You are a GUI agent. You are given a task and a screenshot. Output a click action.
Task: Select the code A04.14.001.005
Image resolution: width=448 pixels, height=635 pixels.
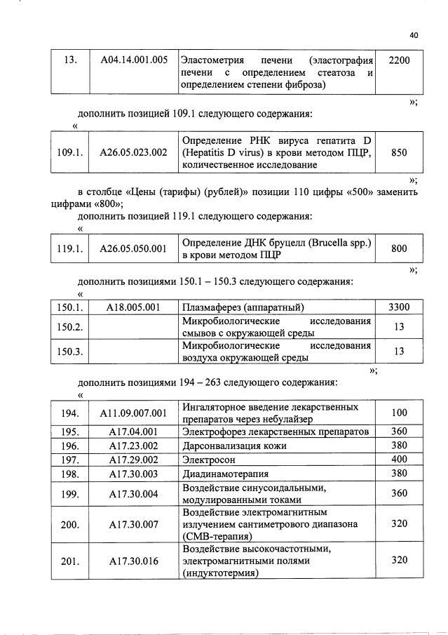point(133,60)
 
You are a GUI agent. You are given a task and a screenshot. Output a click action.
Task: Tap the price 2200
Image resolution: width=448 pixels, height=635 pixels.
point(398,60)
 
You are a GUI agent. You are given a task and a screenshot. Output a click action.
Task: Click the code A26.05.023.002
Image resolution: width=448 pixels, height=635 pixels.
point(133,152)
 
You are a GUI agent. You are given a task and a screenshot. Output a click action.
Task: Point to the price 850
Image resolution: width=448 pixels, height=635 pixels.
point(398,152)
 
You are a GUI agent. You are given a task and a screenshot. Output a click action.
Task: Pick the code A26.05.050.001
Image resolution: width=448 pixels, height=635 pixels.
point(133,248)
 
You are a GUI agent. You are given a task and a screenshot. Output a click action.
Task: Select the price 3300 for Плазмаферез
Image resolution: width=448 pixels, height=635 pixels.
point(398,307)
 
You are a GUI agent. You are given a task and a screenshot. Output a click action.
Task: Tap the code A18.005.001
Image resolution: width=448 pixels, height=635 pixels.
point(133,307)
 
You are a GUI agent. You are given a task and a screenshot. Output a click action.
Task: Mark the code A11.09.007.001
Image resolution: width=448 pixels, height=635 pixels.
point(133,413)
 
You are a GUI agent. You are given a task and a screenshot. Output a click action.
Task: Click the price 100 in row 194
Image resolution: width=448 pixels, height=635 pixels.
point(398,413)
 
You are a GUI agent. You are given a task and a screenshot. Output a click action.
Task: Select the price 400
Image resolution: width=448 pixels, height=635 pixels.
point(398,460)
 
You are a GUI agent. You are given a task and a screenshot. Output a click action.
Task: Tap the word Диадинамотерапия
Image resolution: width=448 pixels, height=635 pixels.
point(223,474)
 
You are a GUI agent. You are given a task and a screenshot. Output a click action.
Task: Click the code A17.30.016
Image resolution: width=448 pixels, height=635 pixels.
point(133,561)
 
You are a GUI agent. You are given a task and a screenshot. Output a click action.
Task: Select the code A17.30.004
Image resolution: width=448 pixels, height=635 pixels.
point(133,494)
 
